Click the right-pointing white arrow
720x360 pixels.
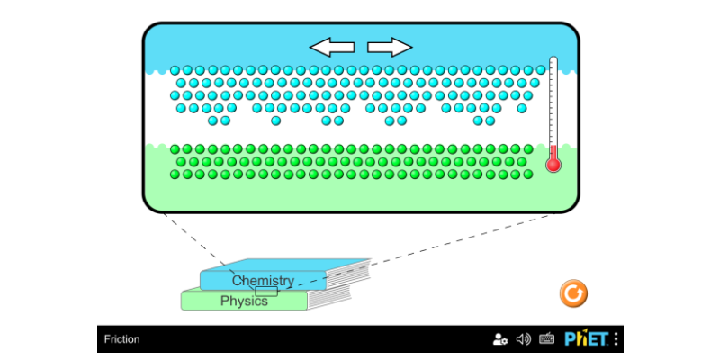[x=390, y=47]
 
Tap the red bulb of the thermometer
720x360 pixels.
[x=553, y=165]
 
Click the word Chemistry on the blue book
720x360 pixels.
[x=263, y=281]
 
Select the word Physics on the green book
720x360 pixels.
[x=244, y=301]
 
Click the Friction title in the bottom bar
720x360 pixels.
[x=121, y=339]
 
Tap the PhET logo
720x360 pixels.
[x=586, y=339]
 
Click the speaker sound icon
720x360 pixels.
[x=524, y=339]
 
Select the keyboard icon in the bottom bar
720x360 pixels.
[x=546, y=339]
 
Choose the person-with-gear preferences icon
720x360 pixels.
[x=500, y=339]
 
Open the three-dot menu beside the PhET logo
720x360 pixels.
[x=616, y=339]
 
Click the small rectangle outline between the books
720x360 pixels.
[x=266, y=291]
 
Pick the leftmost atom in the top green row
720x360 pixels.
[x=175, y=149]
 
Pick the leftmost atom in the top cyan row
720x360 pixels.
[x=175, y=69]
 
